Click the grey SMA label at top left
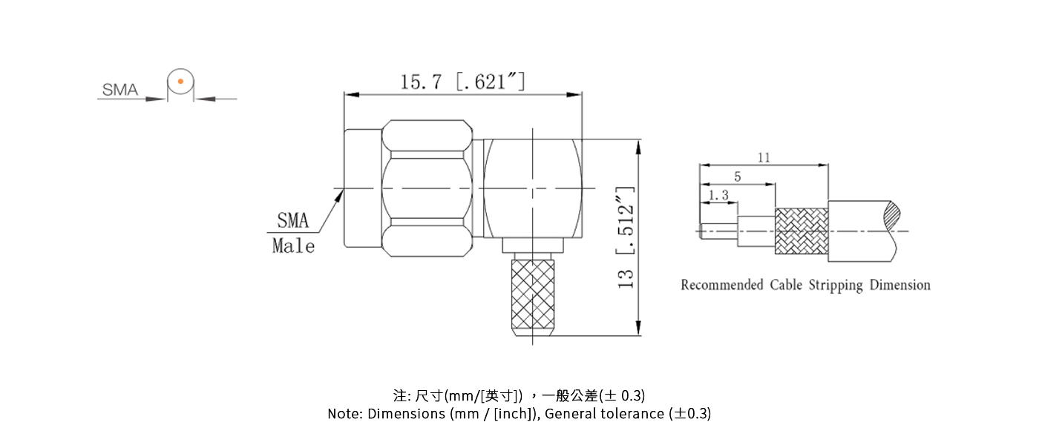[120, 90]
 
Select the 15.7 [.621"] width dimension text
[463, 81]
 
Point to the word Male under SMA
[293, 246]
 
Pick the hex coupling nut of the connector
[427, 188]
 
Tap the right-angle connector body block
[532, 188]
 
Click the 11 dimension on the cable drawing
[764, 157]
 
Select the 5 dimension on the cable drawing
[737, 177]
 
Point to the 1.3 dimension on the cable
[718, 196]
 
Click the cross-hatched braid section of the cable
[801, 231]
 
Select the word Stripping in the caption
[836, 285]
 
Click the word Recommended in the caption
[721, 285]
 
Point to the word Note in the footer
[344, 414]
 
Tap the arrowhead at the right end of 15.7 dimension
[575, 94]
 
